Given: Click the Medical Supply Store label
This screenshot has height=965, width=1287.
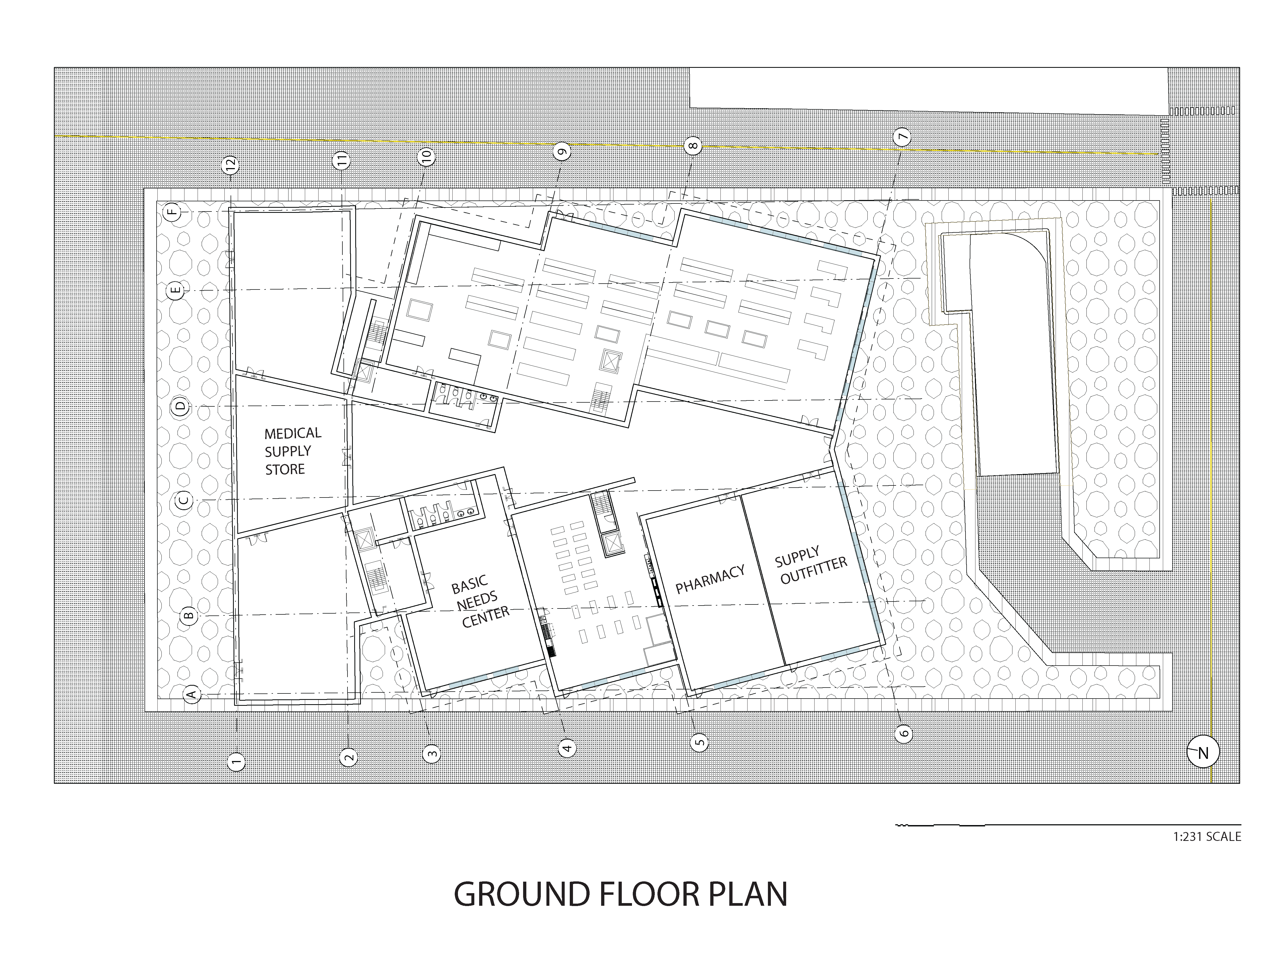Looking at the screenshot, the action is [292, 451].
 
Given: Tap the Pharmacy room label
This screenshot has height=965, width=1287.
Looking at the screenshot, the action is [710, 579].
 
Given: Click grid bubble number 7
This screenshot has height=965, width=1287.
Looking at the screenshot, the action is [902, 137].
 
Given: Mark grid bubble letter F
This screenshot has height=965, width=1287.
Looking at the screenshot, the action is [173, 211].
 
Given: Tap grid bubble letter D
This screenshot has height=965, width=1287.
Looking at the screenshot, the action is [181, 406].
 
